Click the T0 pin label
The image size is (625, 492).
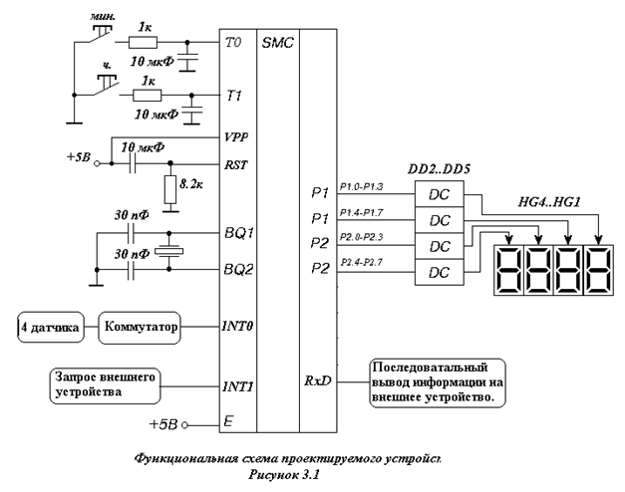click(x=235, y=45)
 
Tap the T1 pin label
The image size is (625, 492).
click(x=235, y=97)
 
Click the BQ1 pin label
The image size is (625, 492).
click(x=239, y=235)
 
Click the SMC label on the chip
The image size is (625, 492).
click(x=277, y=45)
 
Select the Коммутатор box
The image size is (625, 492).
click(x=140, y=326)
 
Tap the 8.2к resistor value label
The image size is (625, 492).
click(x=189, y=184)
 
